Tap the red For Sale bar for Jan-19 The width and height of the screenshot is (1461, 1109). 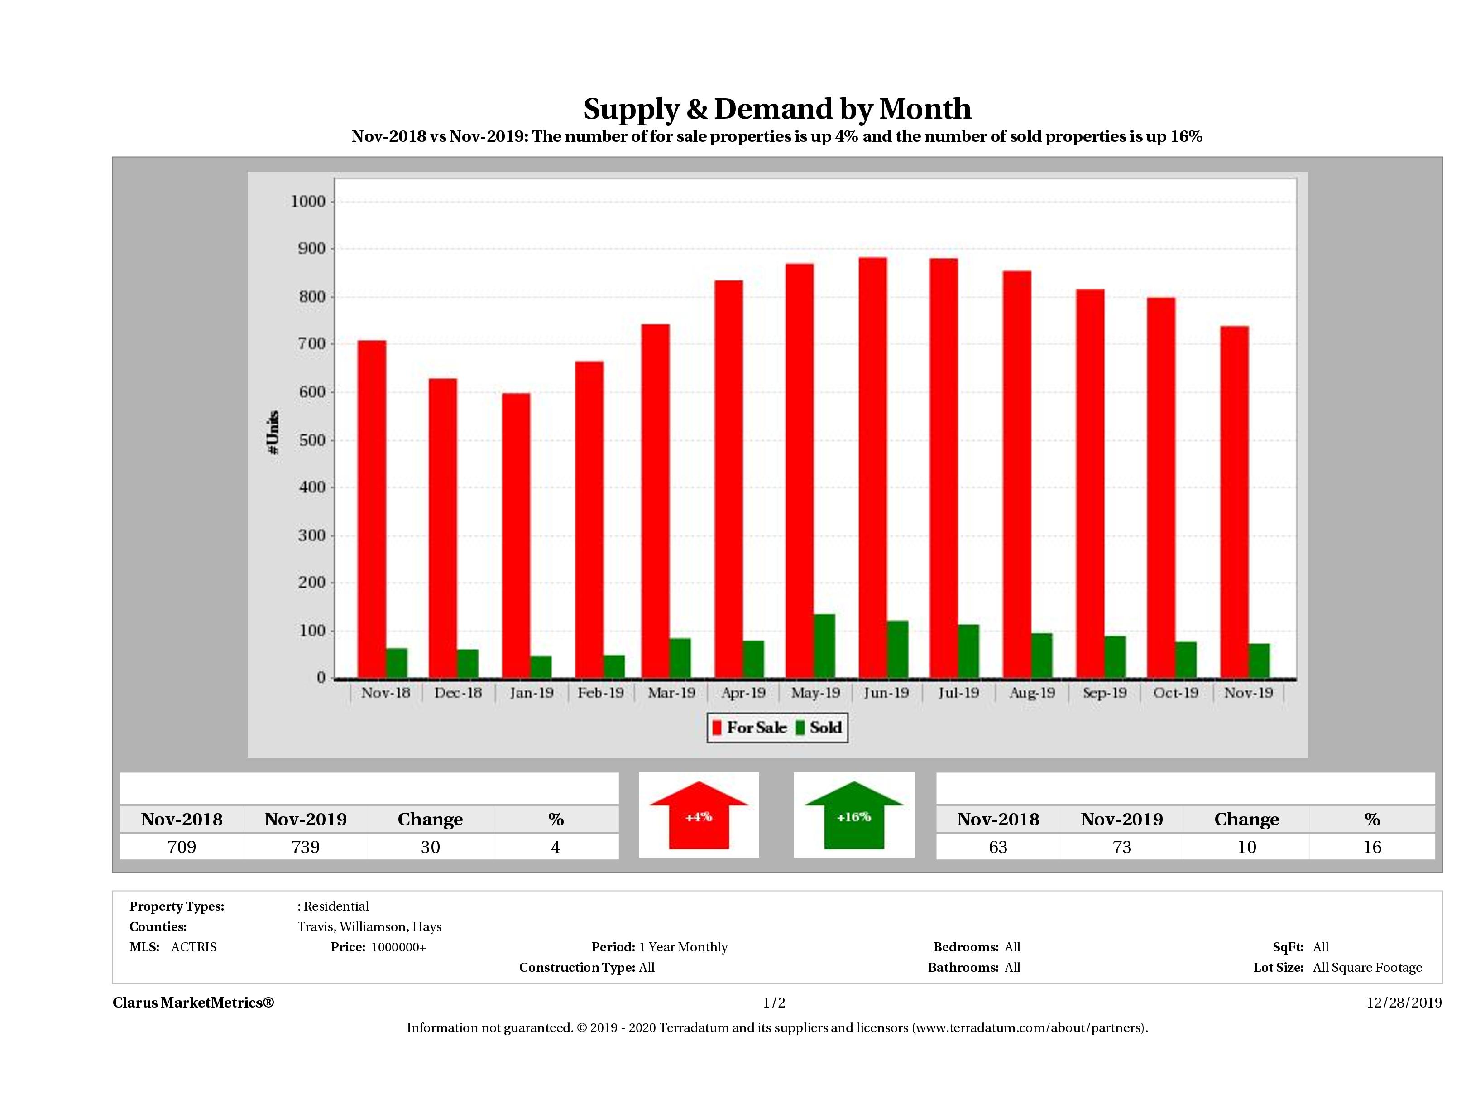pyautogui.click(x=515, y=536)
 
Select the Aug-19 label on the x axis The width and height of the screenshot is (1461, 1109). pyautogui.click(x=1032, y=693)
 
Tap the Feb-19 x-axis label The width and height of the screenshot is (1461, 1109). pyautogui.click(x=600, y=693)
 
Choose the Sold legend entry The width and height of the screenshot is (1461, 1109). pyautogui.click(x=819, y=728)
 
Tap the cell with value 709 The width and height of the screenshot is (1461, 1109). pyautogui.click(x=182, y=847)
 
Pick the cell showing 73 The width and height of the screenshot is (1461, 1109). pyautogui.click(x=1121, y=847)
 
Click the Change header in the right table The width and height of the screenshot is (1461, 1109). pyautogui.click(x=1246, y=820)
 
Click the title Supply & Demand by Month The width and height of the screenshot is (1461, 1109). pyautogui.click(x=777, y=108)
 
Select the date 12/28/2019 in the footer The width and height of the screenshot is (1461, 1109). pyautogui.click(x=1404, y=1003)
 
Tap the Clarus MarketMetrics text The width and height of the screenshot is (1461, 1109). pyautogui.click(x=193, y=1003)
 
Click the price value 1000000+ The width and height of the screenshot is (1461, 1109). pyautogui.click(x=398, y=947)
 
